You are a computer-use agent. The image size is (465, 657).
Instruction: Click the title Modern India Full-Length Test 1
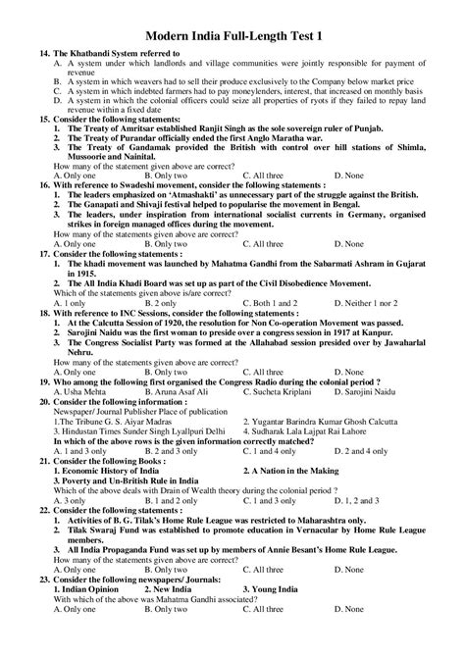[233, 34]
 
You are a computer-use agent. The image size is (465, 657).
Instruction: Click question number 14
[45, 51]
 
